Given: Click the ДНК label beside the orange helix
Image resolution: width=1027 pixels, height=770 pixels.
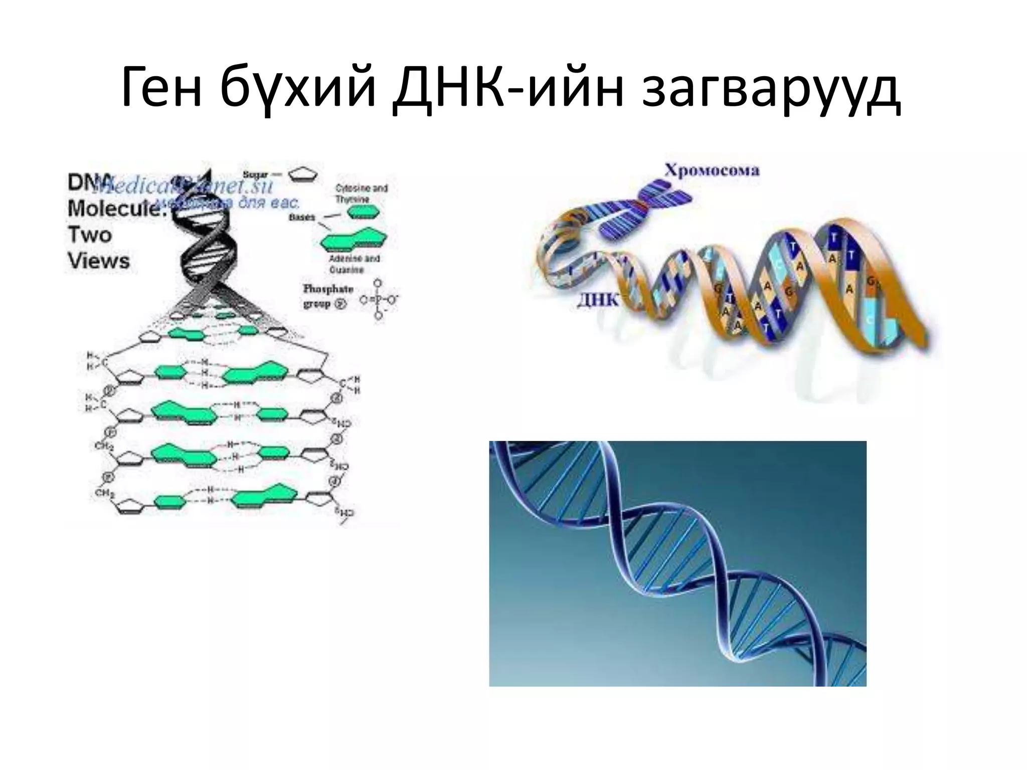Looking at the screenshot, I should [x=598, y=300].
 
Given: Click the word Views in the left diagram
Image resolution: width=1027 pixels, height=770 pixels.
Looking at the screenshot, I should [x=99, y=261].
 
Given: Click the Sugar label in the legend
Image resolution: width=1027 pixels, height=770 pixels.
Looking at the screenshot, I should [x=256, y=174].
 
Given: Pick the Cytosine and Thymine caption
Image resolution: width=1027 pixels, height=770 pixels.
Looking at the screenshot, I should [x=361, y=194].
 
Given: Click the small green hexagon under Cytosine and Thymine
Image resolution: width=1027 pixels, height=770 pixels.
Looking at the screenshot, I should [x=364, y=213].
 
